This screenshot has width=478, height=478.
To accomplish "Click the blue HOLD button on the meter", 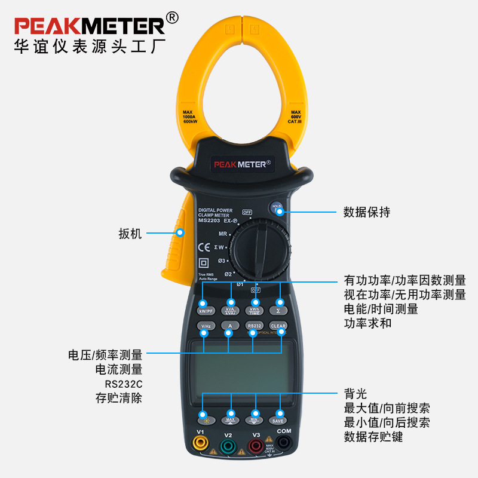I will [277, 208].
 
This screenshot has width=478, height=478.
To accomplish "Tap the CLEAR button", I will [278, 326].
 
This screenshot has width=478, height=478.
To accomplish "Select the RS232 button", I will [254, 326].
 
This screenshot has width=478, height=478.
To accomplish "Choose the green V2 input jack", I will [228, 445].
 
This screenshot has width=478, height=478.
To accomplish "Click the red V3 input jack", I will [255, 445].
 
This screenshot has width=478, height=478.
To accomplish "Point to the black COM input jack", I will [283, 443].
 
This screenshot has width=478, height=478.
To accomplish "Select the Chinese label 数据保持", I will [366, 212].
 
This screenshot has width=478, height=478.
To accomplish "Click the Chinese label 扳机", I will [130, 234].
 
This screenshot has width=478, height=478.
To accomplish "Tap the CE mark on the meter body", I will [204, 246].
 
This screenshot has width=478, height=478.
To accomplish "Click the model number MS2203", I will [210, 221].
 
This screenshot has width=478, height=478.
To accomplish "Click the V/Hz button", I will [206, 326].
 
